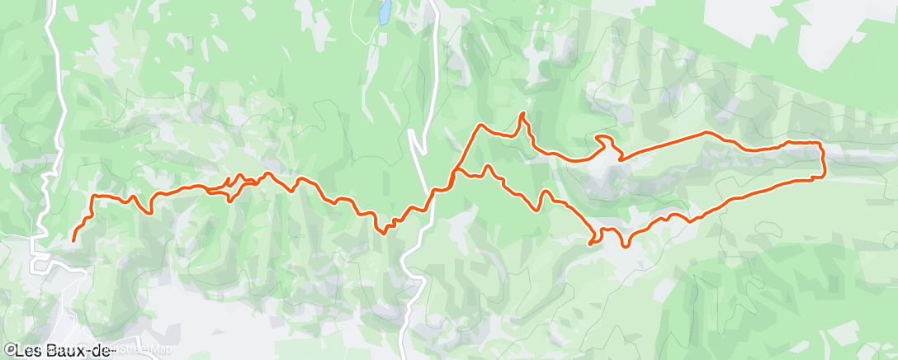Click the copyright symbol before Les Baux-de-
[x=10, y=351]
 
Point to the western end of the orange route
[x=73, y=240]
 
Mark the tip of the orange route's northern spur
[x=522, y=113]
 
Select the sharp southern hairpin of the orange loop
[x=591, y=242]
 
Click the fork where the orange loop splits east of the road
[x=455, y=172]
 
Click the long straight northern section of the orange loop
[x=660, y=144]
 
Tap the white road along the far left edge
[x=51, y=83]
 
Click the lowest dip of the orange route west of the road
[x=383, y=232]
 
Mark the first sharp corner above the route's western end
[x=91, y=197]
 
